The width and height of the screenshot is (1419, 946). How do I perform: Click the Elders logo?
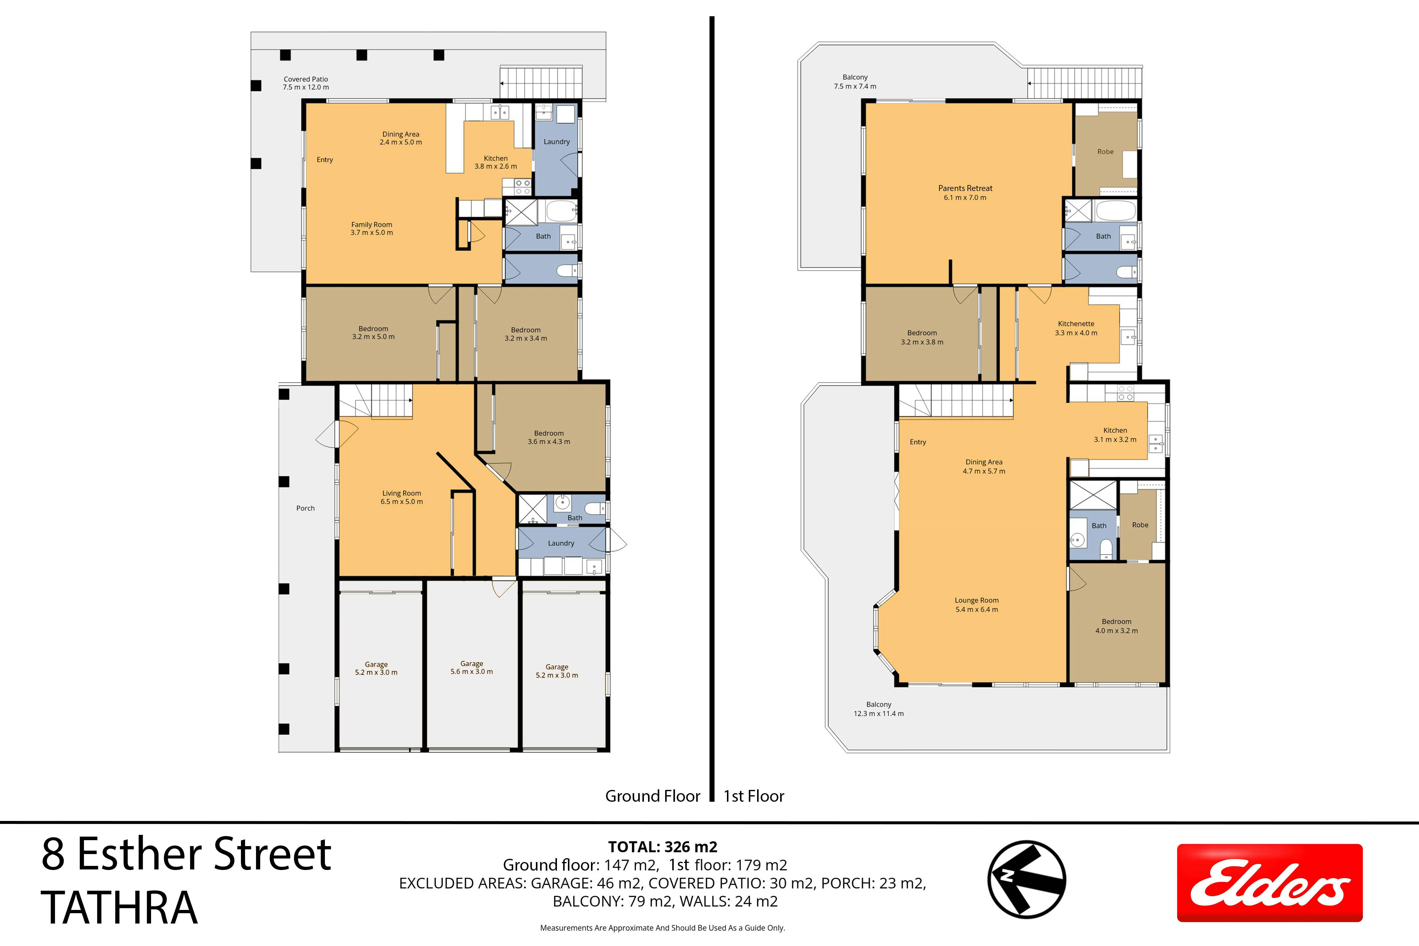click(x=1269, y=883)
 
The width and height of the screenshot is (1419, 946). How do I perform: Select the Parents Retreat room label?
click(x=965, y=192)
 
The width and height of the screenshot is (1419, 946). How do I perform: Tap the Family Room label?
click(x=372, y=228)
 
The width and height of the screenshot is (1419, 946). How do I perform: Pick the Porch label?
click(x=305, y=508)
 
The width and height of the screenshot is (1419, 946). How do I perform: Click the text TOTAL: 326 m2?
click(x=662, y=847)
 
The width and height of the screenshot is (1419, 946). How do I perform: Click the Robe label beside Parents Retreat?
click(x=1105, y=151)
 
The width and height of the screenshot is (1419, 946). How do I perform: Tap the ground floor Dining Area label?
click(x=401, y=138)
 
